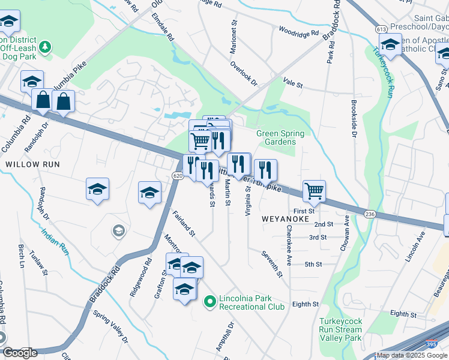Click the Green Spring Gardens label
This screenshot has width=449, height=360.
click(x=280, y=137)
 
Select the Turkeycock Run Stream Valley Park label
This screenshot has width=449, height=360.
click(x=340, y=329)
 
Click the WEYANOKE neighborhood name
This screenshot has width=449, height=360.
click(x=285, y=220)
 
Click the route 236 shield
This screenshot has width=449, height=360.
click(x=370, y=214)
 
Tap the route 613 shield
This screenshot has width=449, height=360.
click(x=381, y=29)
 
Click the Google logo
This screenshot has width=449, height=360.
click(x=20, y=353)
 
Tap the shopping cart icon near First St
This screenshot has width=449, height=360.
click(x=314, y=191)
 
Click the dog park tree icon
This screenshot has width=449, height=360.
click(x=44, y=47)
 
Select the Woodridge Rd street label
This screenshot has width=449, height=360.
click(x=298, y=32)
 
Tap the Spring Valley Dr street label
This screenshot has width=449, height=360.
click(x=110, y=326)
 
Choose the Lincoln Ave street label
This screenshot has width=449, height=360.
click(x=415, y=245)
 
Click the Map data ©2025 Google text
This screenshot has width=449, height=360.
click(x=412, y=355)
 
